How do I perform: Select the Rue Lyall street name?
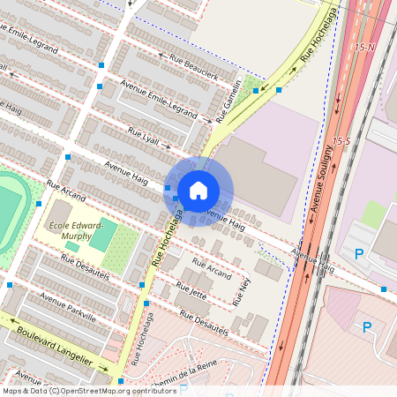[x=143, y=137]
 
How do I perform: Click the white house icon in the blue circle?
[x=198, y=190]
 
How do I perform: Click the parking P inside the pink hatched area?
[x=367, y=328]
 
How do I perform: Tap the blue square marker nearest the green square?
[x=278, y=89]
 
